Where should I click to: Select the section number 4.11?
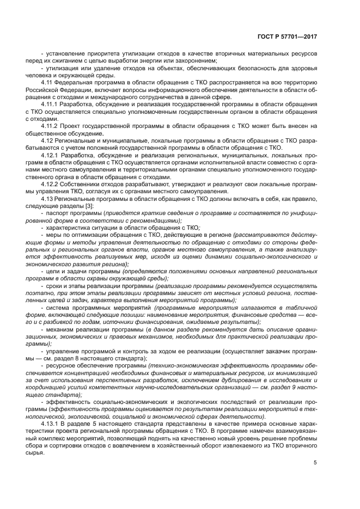click(x=47, y=82)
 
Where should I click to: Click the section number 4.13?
click(x=47, y=199)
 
